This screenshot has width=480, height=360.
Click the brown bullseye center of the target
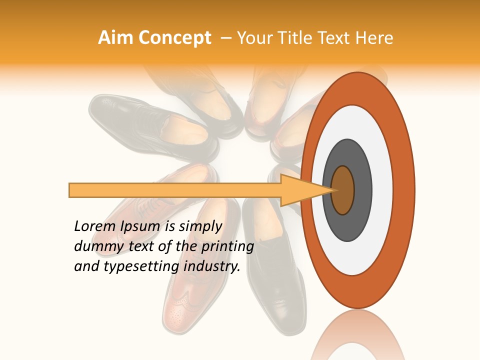pos(343,190)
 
